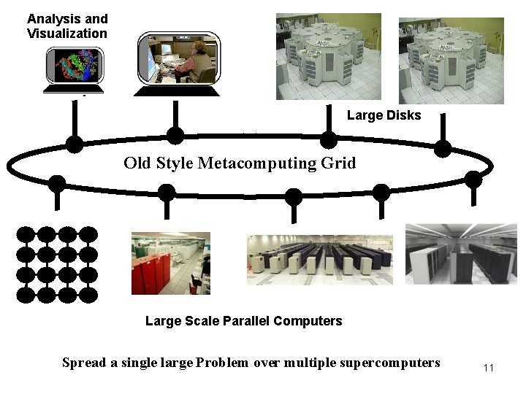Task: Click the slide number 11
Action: (x=489, y=368)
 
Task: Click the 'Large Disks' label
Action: (x=384, y=115)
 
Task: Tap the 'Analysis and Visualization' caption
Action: (x=67, y=26)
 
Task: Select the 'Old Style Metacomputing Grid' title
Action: (x=240, y=163)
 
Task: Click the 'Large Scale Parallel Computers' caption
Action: (x=243, y=321)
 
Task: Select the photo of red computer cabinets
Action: (x=170, y=263)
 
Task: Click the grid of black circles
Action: (x=57, y=264)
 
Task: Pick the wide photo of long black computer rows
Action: (x=320, y=259)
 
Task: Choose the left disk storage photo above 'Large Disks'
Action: (x=328, y=57)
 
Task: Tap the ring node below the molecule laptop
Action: (x=75, y=144)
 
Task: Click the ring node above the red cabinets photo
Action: (x=167, y=193)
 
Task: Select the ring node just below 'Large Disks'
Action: (x=329, y=140)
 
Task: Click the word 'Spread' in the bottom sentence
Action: (x=84, y=363)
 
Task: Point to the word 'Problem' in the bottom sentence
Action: (x=224, y=363)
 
